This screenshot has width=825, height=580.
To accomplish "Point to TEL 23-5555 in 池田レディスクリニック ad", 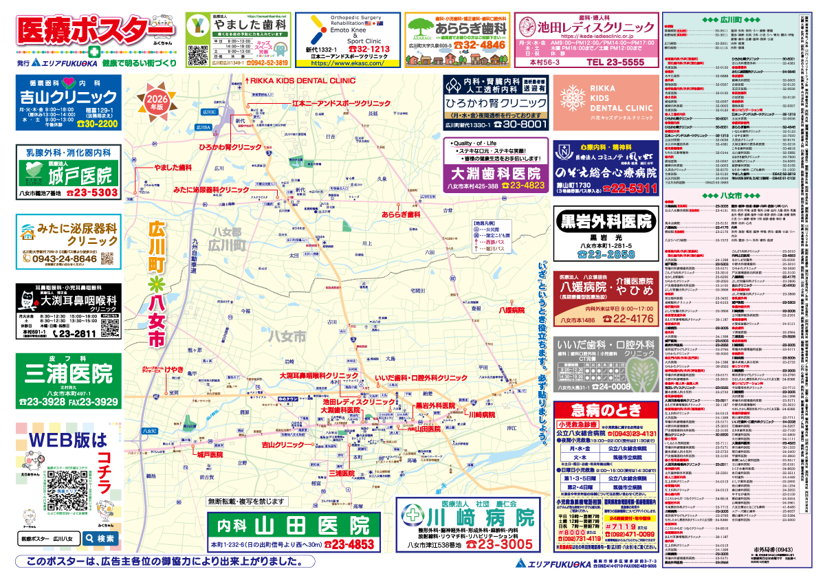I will coord(615,62).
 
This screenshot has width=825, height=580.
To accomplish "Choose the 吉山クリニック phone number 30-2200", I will coord(98,124).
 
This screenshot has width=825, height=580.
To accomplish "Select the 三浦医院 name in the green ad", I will coord(67,375).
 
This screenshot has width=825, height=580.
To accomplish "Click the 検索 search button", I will coord(100,539).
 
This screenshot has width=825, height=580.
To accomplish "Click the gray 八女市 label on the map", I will coord(286,336).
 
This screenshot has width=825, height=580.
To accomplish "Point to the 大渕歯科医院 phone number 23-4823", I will coord(522,185).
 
